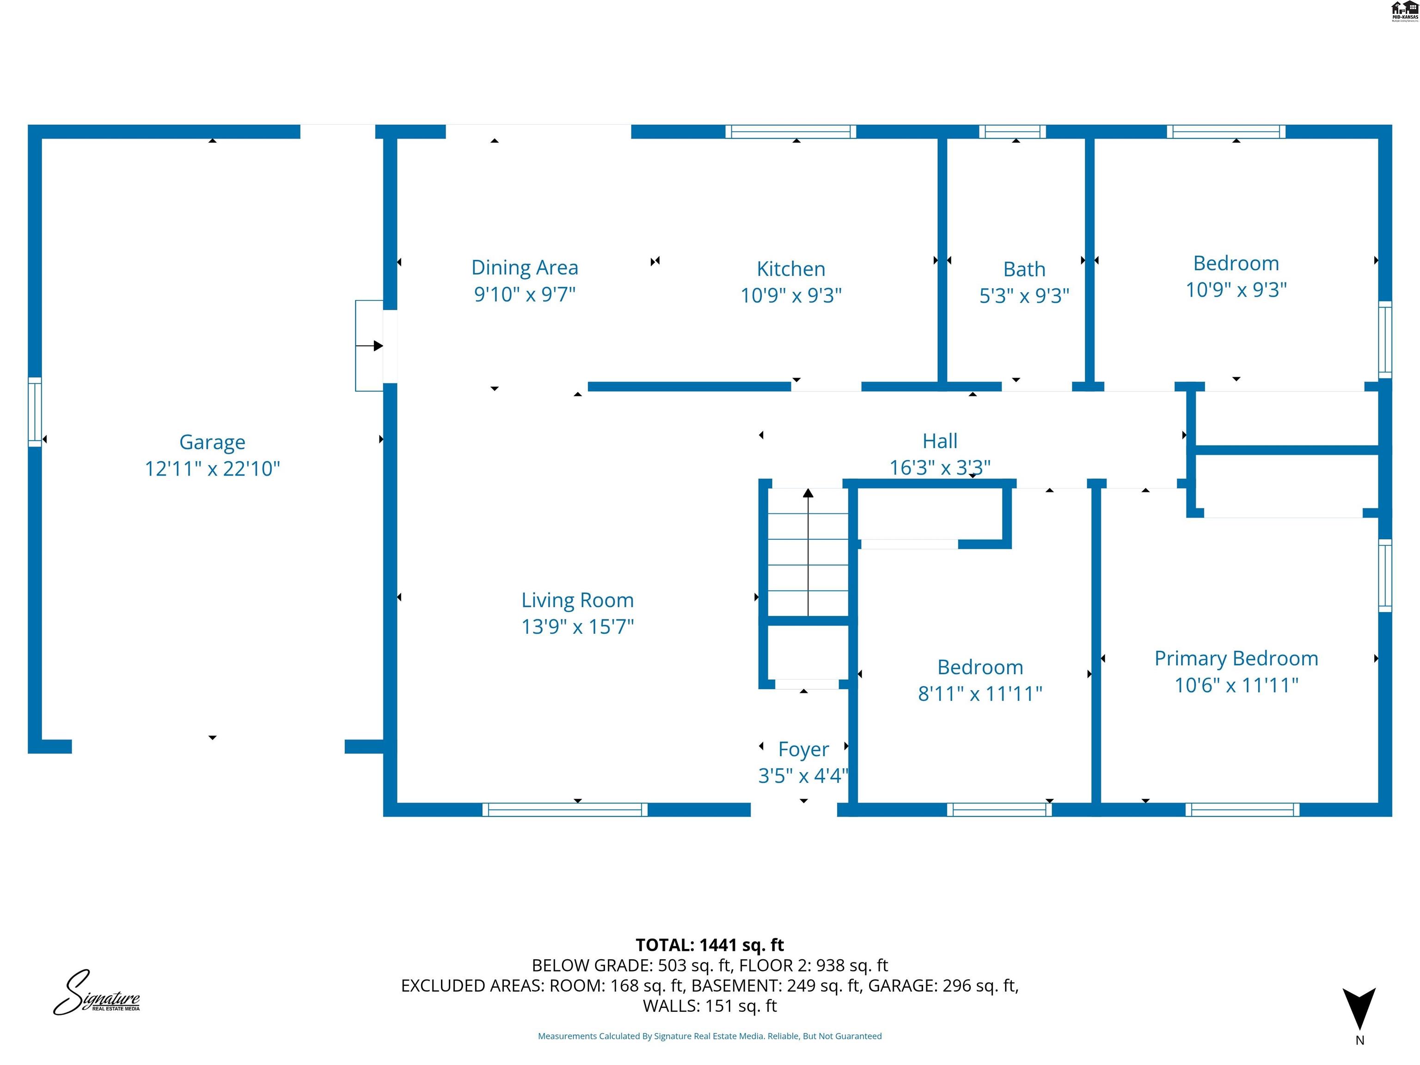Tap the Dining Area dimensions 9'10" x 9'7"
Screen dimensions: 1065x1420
[x=525, y=294]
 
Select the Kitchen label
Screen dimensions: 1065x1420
[x=791, y=269]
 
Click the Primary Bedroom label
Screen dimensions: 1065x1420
[x=1236, y=658]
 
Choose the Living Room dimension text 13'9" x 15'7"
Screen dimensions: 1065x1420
[x=577, y=626]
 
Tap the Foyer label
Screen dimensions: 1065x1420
[x=803, y=749]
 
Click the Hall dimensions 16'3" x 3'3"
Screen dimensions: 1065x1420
[x=939, y=467]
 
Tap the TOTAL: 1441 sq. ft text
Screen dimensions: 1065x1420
[x=710, y=945]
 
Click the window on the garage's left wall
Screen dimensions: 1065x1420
[x=35, y=411]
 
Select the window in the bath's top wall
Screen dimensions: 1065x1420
[x=1012, y=132]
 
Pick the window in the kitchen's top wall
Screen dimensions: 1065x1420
[x=790, y=132]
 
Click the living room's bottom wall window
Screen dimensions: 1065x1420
[x=564, y=809]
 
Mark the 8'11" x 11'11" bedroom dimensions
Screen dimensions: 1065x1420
[x=979, y=694]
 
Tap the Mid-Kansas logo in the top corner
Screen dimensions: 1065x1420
[x=1404, y=11]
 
